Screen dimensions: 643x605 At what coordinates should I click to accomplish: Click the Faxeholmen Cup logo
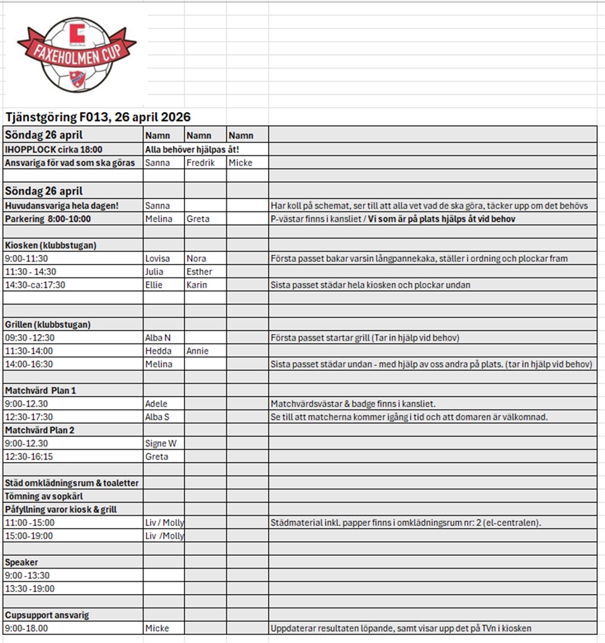pos(76,55)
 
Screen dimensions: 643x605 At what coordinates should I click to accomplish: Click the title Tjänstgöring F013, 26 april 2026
pos(97,117)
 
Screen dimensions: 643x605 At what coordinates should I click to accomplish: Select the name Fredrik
pos(201,163)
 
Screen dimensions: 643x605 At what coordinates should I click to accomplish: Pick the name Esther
pos(200,272)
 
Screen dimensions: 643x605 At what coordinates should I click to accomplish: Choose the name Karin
pos(197,285)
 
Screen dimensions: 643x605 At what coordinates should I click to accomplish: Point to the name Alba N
pos(158,338)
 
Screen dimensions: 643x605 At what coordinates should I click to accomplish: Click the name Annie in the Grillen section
pos(197,351)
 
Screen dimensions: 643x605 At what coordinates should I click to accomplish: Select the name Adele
pos(156,404)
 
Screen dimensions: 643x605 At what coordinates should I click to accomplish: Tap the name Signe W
pos(160,444)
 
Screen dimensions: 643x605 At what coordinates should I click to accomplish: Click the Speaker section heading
pos(21,562)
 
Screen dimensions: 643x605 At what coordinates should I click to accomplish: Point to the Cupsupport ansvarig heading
pos(47,615)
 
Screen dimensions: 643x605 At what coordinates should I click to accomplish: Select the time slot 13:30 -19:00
pos(29,589)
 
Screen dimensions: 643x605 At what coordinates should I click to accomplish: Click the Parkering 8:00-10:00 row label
pos(48,219)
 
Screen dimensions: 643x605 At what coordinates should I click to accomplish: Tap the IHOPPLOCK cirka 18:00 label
pos(54,150)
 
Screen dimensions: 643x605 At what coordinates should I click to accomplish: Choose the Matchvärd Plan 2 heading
pos(40,430)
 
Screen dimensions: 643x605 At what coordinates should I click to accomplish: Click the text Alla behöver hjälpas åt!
pos(192,150)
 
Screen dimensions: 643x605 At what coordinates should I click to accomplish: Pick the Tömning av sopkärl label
pos(44,496)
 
